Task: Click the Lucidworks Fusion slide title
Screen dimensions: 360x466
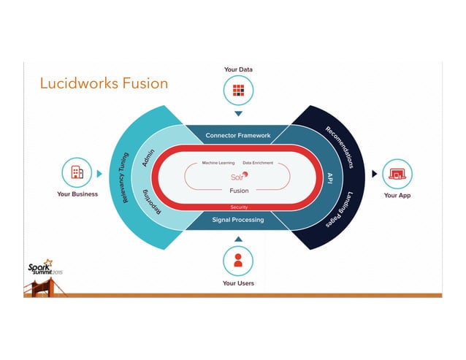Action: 104,83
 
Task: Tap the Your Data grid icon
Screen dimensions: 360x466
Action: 238,91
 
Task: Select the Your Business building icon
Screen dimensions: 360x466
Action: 77,173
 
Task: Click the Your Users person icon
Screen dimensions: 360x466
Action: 238,261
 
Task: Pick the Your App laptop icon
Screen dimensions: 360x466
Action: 397,174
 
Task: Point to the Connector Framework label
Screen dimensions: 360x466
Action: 238,135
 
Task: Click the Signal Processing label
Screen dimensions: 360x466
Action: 238,219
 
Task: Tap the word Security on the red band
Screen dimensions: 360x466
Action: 239,207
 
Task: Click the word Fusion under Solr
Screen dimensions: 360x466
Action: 239,191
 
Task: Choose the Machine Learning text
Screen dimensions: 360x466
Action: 217,163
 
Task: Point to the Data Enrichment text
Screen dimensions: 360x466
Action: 258,163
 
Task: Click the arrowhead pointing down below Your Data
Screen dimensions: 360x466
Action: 238,114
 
